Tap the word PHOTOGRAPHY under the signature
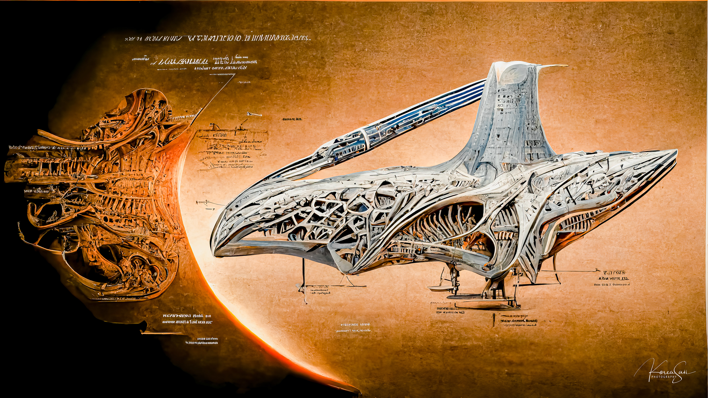point(663,377)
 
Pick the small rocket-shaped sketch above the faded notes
point(253,114)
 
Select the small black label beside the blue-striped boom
point(292,119)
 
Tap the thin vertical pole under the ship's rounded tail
point(304,272)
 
